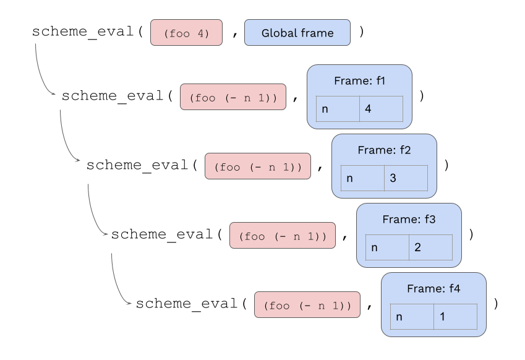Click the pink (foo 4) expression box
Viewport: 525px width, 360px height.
pyautogui.click(x=186, y=33)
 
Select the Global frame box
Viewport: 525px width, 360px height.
pyautogui.click(x=297, y=33)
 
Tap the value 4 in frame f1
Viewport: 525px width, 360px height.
pyautogui.click(x=381, y=109)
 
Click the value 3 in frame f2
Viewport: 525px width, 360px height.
pyautogui.click(x=406, y=178)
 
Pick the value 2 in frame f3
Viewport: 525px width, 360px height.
pyautogui.click(x=430, y=247)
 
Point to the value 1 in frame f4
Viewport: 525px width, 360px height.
pyautogui.click(x=455, y=317)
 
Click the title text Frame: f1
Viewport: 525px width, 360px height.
pyautogui.click(x=359, y=80)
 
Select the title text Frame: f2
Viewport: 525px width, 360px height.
pyautogui.click(x=384, y=150)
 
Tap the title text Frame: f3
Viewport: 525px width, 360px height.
pyautogui.click(x=409, y=220)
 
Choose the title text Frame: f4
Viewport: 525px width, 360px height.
pyautogui.click(x=433, y=289)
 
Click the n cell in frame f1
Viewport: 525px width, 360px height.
pyautogui.click(x=337, y=109)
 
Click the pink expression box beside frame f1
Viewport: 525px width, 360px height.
pyautogui.click(x=233, y=97)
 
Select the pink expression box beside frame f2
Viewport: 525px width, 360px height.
pyautogui.click(x=258, y=166)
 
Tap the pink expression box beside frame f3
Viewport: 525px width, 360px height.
pyautogui.click(x=283, y=236)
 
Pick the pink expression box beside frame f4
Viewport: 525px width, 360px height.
pyautogui.click(x=307, y=305)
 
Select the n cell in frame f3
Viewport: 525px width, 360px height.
pyautogui.click(x=386, y=247)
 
